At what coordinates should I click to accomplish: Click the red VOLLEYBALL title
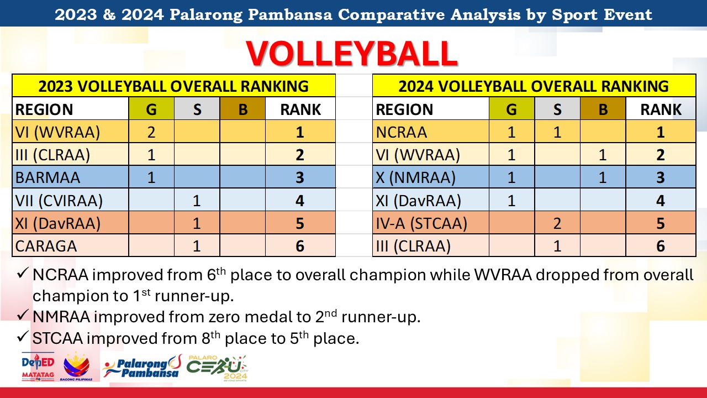(352, 54)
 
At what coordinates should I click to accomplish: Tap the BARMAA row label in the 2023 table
(48, 177)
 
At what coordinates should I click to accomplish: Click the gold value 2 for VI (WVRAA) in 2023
(151, 132)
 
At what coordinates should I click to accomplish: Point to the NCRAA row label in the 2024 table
(402, 132)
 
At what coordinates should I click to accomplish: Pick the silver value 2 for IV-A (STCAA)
(557, 223)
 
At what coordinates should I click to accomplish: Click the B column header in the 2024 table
(603, 109)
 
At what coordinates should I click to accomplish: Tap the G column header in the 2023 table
(151, 109)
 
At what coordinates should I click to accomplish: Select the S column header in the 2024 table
(557, 109)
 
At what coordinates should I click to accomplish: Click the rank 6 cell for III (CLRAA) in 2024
(661, 246)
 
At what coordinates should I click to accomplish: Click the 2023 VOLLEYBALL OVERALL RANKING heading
(173, 86)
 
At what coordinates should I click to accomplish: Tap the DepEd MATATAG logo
(38, 366)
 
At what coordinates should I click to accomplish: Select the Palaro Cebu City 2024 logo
(217, 368)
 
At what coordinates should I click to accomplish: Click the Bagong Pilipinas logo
(76, 366)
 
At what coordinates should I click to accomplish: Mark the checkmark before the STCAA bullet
(23, 337)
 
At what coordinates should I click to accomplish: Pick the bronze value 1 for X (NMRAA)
(603, 177)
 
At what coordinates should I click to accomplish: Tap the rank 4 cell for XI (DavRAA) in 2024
(661, 201)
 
